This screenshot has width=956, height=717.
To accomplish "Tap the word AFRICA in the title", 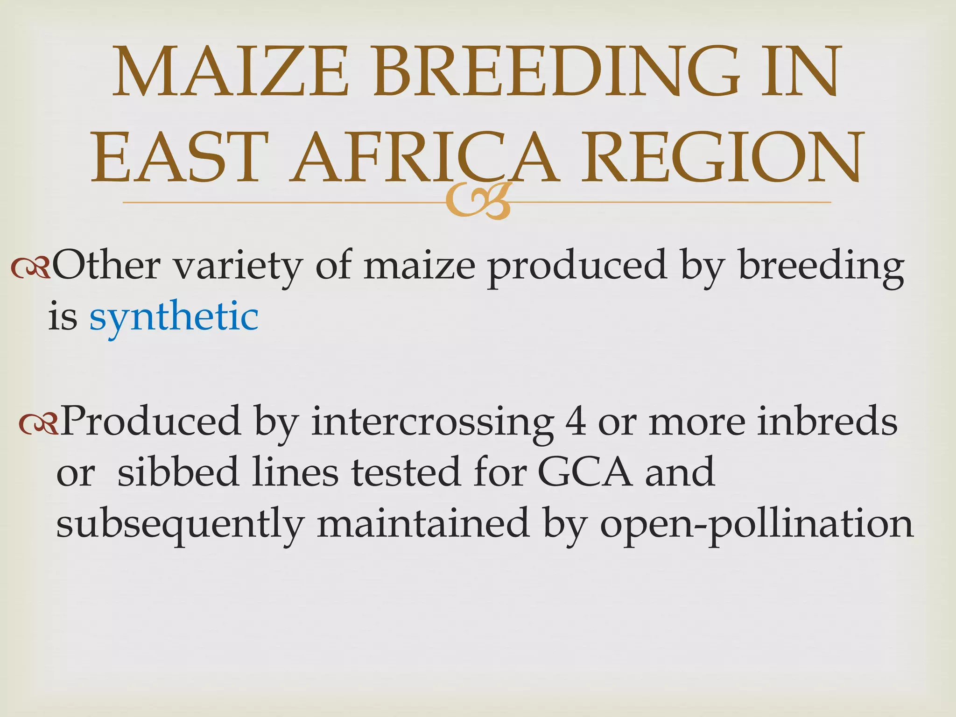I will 423,157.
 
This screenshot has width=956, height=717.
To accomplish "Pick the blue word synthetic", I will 174,317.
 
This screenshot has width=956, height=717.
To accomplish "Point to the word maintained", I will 423,524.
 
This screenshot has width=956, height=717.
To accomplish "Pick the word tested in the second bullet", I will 406,472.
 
